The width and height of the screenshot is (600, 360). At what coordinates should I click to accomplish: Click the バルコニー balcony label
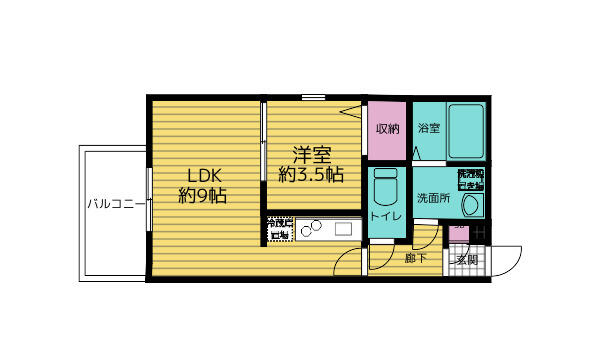pos(112,205)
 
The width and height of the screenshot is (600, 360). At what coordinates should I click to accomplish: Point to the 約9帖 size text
pos(203,195)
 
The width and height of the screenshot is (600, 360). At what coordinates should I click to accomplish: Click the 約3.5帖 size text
pos(311,174)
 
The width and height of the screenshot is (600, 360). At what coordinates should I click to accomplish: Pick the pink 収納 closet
pos(386,130)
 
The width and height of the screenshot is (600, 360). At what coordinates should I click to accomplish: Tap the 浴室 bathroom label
pos(429,129)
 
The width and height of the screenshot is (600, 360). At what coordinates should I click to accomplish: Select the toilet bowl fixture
pos(385,187)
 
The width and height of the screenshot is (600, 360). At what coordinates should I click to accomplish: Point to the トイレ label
pos(386,217)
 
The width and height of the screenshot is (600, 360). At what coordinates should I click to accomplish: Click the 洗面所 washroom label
pos(433,198)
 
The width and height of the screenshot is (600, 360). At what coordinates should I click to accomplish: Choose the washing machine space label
pos(469,177)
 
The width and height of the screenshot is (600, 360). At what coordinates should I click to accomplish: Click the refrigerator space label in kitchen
pos(280,229)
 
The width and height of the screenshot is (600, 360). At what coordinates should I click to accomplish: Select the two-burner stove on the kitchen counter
pos(308,230)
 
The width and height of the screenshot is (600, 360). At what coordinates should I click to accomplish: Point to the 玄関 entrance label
pos(466,260)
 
